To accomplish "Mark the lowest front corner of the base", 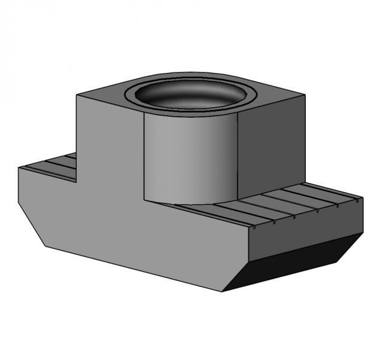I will click(222, 292).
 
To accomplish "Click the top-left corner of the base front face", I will click(19, 168).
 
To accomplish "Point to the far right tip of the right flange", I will click(363, 197).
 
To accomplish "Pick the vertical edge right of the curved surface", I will click(238, 157).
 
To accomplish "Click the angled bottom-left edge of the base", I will click(32, 224).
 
